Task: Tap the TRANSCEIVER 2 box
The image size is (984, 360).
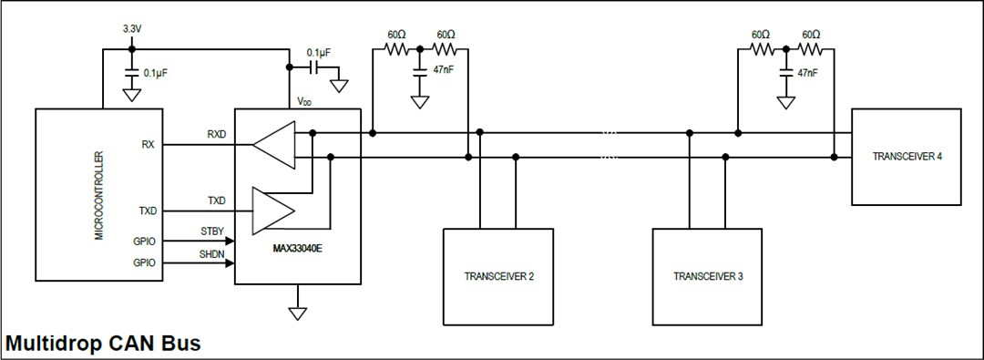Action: [498, 276]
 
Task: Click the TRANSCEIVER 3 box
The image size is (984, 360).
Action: [708, 276]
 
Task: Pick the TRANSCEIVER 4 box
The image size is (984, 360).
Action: [907, 157]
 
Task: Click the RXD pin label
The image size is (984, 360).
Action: [218, 135]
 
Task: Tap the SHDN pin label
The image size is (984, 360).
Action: [212, 254]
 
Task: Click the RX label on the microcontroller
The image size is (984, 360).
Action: [148, 144]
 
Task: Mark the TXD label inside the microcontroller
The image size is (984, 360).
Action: [148, 210]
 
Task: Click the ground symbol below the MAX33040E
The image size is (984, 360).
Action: [298, 313]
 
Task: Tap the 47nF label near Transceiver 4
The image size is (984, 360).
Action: [808, 72]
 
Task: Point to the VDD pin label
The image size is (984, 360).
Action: [304, 102]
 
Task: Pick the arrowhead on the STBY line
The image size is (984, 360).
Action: [231, 242]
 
